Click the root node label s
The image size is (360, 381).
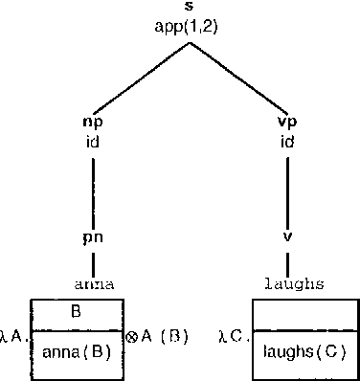tap(189, 8)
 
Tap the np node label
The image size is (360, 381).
tap(94, 123)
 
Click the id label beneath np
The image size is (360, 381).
tap(94, 142)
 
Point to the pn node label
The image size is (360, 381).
tap(94, 236)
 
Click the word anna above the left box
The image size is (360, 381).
tap(95, 284)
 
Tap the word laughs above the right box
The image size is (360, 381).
tap(295, 284)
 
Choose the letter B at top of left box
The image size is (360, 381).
tap(78, 311)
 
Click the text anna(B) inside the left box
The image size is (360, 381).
tap(78, 351)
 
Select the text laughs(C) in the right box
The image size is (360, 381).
tap(304, 351)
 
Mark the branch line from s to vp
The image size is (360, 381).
tap(239, 76)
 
